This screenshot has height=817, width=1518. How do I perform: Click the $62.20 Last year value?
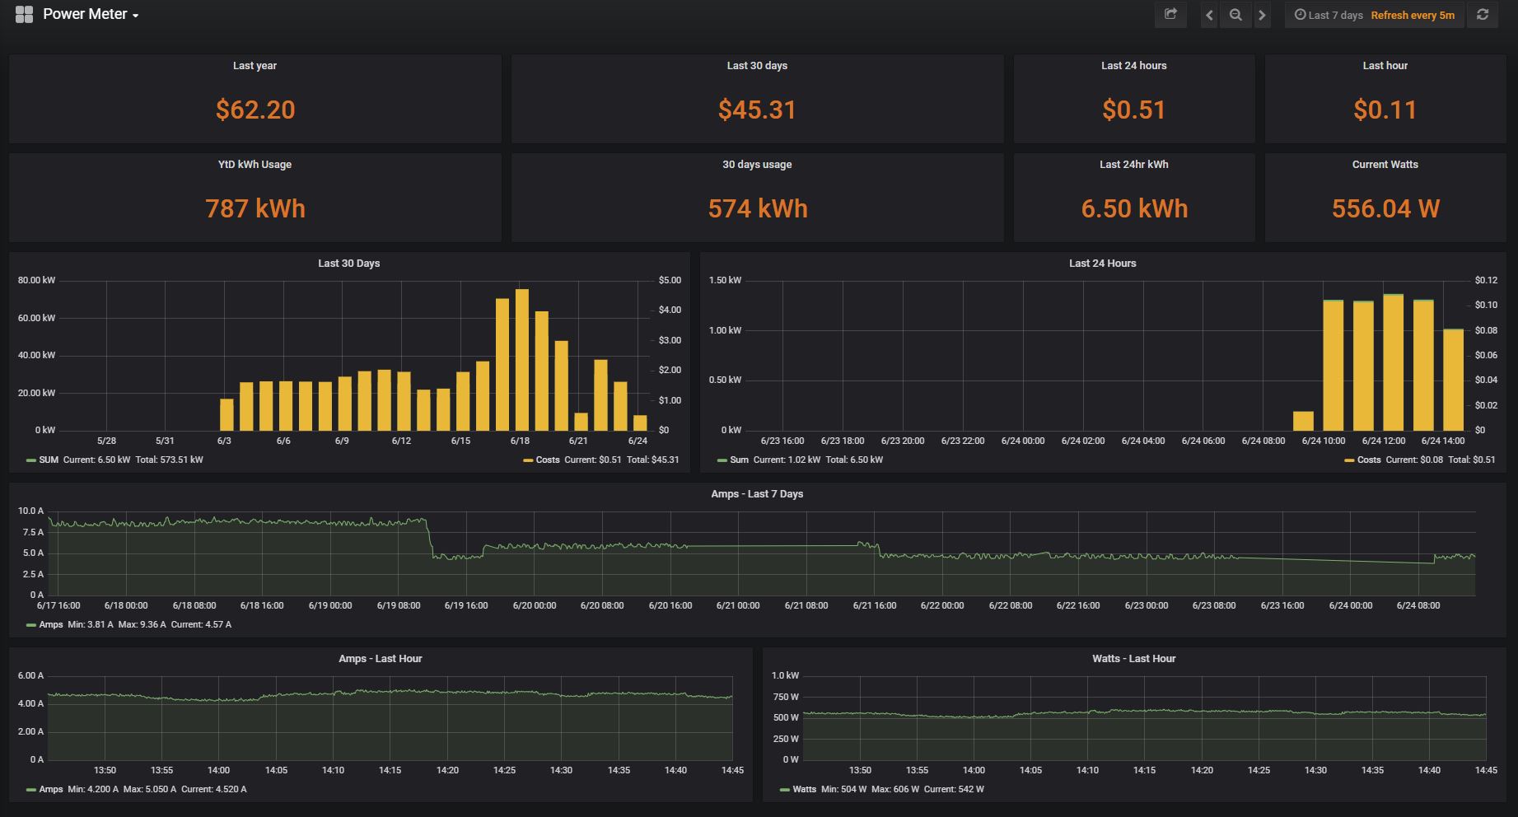pyautogui.click(x=255, y=110)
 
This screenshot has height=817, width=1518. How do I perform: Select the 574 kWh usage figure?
pyautogui.click(x=757, y=208)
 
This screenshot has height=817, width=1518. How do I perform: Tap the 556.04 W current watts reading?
pyautogui.click(x=1385, y=208)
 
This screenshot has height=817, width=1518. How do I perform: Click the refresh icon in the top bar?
pyautogui.click(x=1483, y=15)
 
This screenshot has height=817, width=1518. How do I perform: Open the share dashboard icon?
pyautogui.click(x=1170, y=15)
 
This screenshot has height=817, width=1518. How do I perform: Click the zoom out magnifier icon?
pyautogui.click(x=1235, y=15)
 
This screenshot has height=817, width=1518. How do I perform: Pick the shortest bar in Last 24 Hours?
pyautogui.click(x=1303, y=421)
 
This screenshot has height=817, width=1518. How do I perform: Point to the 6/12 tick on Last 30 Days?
pyautogui.click(x=401, y=441)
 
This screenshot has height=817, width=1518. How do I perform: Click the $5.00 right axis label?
pyautogui.click(x=670, y=280)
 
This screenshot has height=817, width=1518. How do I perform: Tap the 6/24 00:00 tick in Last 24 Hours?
pyautogui.click(x=1022, y=441)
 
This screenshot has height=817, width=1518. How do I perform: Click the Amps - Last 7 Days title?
pyautogui.click(x=757, y=493)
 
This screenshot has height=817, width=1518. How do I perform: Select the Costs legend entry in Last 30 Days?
pyautogui.click(x=547, y=460)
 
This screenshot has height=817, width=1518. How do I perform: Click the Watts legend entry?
pyautogui.click(x=803, y=789)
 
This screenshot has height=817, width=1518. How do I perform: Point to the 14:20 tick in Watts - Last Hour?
pyautogui.click(x=1202, y=770)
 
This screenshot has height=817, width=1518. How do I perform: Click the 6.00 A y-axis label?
pyautogui.click(x=30, y=675)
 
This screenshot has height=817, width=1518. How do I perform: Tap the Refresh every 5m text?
pyautogui.click(x=1413, y=15)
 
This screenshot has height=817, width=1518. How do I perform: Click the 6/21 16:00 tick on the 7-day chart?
pyautogui.click(x=874, y=605)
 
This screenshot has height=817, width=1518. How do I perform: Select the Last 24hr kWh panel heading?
pyautogui.click(x=1133, y=164)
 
